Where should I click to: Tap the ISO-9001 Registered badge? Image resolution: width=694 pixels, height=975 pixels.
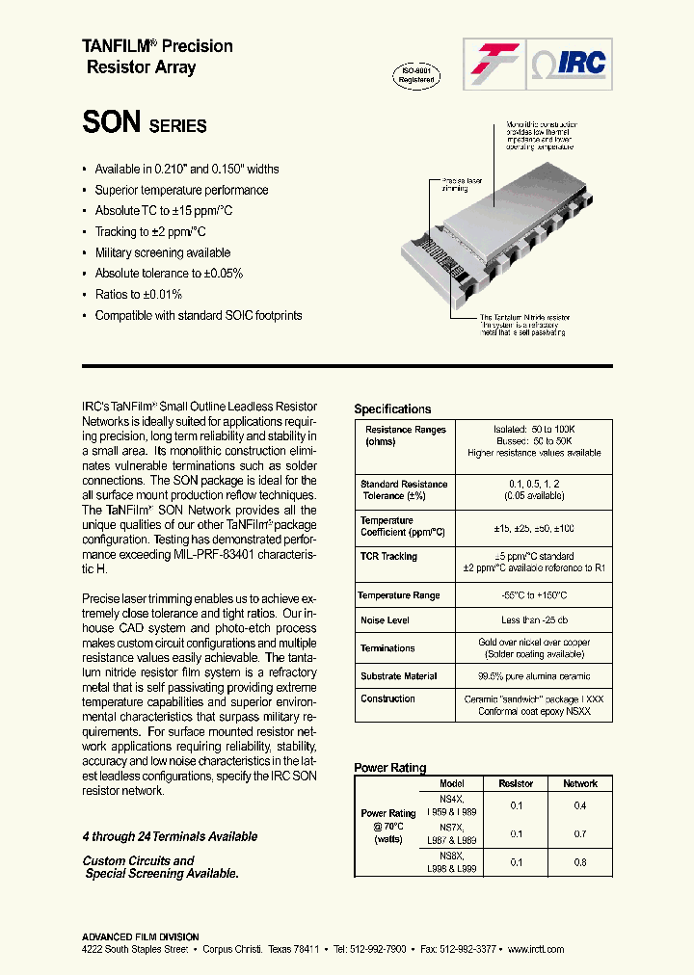(416, 76)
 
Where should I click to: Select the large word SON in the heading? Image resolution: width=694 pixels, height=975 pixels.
(112, 122)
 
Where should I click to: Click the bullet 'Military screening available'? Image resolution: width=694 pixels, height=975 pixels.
(162, 252)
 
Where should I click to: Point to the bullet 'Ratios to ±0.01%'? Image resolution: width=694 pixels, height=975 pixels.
(138, 295)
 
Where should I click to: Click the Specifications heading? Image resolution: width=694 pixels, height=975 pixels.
(392, 408)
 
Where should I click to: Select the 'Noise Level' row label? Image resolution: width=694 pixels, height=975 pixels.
(385, 621)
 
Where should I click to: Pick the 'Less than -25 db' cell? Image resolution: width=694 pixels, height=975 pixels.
(533, 621)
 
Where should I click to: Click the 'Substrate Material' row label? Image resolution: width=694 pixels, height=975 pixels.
(398, 676)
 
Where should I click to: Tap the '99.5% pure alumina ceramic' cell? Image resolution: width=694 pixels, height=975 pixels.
(533, 676)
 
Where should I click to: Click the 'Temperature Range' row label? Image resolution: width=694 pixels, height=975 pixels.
(398, 595)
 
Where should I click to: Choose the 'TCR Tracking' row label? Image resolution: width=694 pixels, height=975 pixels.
(388, 557)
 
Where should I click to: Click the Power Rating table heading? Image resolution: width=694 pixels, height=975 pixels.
(389, 768)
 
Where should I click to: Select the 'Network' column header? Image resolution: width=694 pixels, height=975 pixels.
(579, 783)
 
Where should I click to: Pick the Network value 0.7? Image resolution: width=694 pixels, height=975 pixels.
(579, 833)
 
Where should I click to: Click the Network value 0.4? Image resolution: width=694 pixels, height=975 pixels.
(579, 805)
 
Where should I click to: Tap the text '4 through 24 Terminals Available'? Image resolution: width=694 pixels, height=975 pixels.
(170, 836)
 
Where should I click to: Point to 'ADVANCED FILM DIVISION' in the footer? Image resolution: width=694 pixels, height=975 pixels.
(140, 936)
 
